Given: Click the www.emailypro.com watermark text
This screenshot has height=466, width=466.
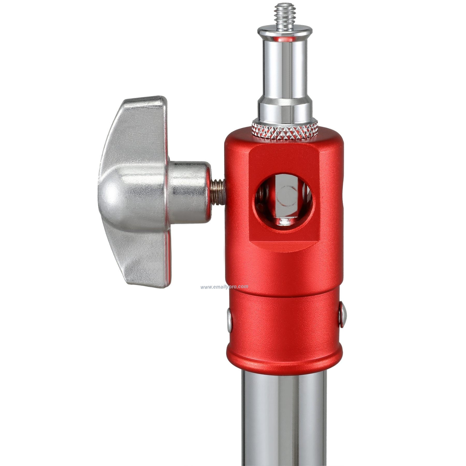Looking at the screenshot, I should tap(224, 287).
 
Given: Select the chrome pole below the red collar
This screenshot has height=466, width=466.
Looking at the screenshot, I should tap(285, 414).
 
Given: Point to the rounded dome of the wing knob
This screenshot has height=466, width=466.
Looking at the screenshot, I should tap(114, 193).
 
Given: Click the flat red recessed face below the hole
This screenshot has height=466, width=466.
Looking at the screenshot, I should tap(285, 243).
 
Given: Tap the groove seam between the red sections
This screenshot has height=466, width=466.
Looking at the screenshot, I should tap(285, 290).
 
